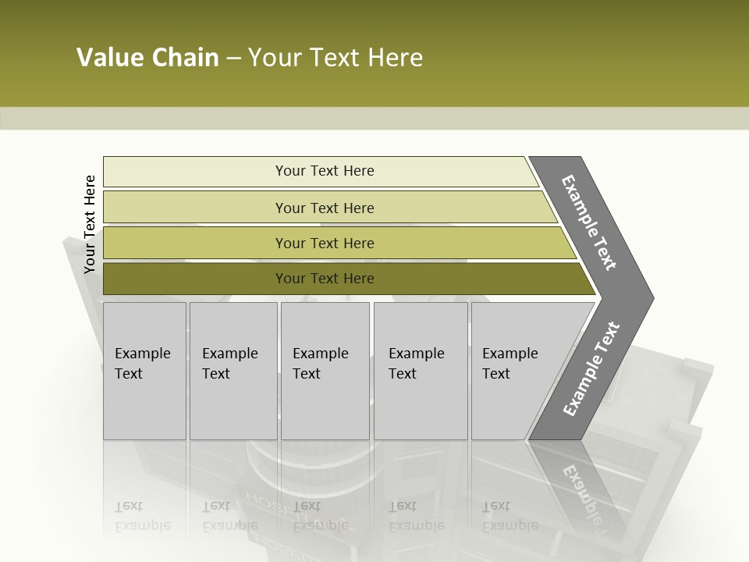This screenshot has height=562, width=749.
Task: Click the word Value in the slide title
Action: [109, 58]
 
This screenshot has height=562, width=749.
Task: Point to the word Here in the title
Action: [395, 58]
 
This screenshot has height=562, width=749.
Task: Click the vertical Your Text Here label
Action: [90, 224]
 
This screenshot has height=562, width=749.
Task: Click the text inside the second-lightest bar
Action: [325, 208]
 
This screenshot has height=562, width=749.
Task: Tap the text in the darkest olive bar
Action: [325, 278]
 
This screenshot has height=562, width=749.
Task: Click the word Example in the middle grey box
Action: [320, 354]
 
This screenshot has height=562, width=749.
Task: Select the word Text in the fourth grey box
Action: [403, 374]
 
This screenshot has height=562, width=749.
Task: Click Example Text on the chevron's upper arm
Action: [589, 222]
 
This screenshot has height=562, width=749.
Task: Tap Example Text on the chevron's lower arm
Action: [591, 369]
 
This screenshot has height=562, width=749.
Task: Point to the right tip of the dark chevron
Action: [651, 298]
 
